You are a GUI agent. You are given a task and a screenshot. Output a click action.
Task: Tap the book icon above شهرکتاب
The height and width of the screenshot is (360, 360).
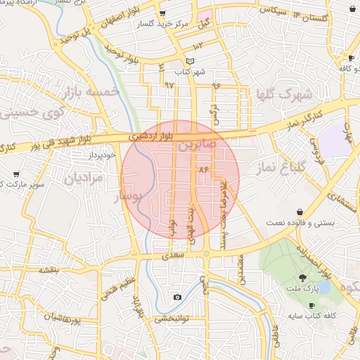pos(189,61)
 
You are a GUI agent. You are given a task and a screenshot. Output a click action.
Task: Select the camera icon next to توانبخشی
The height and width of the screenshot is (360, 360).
pos(177,297)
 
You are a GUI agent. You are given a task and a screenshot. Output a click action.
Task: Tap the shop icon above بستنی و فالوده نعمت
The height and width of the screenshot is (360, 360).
pos(300,212)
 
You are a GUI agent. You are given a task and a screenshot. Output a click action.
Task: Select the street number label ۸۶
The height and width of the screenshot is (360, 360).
pos(205,170)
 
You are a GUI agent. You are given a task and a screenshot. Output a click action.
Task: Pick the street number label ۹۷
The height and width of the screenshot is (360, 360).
pos(169,84)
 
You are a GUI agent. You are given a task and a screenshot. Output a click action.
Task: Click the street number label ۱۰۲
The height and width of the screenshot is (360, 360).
pos(198,46)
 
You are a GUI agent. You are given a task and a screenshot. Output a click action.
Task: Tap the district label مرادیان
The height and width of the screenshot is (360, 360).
pos(84,178)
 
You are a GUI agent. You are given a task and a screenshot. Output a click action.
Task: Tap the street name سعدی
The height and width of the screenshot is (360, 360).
pos(172,257)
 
